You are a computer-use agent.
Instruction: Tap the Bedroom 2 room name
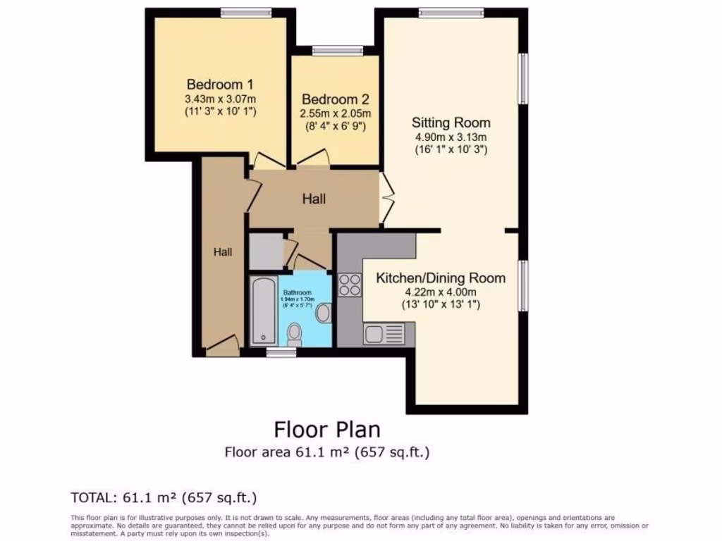tap(335, 99)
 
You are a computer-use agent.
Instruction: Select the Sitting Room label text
tap(451, 123)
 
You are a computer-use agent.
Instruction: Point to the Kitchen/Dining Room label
tap(440, 278)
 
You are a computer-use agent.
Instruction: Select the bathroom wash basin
tap(323, 313)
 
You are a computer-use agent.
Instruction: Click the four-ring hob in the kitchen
tap(350, 285)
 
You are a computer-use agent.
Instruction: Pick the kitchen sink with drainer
tap(384, 333)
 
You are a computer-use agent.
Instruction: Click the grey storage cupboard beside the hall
tap(266, 251)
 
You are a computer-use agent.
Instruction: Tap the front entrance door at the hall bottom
tap(221, 345)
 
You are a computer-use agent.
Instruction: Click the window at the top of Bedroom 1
tap(245, 12)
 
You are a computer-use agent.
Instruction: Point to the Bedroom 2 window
tap(337, 50)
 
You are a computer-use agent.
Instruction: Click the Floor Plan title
tap(326, 429)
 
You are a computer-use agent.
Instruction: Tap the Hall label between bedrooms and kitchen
tap(314, 199)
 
